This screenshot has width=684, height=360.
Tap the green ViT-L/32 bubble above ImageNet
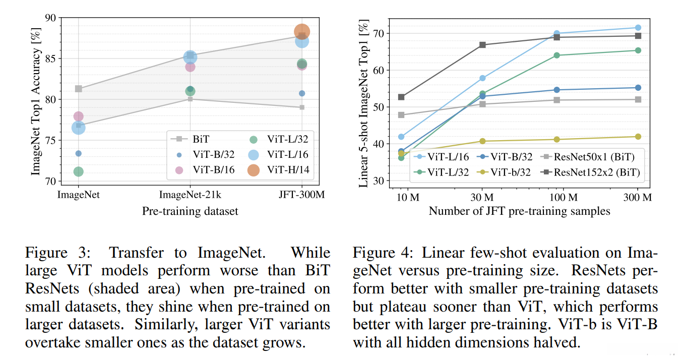78,171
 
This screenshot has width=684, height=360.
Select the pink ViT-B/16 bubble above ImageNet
78,116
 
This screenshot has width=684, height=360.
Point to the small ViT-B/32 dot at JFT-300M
302,93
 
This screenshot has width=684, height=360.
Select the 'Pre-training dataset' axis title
190,211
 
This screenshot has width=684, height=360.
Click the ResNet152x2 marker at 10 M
401,97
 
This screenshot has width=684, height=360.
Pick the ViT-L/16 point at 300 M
638,28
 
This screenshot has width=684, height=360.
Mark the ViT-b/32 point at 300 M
638,137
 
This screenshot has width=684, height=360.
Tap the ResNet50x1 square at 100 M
557,100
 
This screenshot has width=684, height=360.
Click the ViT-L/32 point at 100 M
557,55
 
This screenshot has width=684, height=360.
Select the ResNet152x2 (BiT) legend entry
597,172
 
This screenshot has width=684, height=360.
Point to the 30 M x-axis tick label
482,197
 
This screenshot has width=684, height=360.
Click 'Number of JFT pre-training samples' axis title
519,211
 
